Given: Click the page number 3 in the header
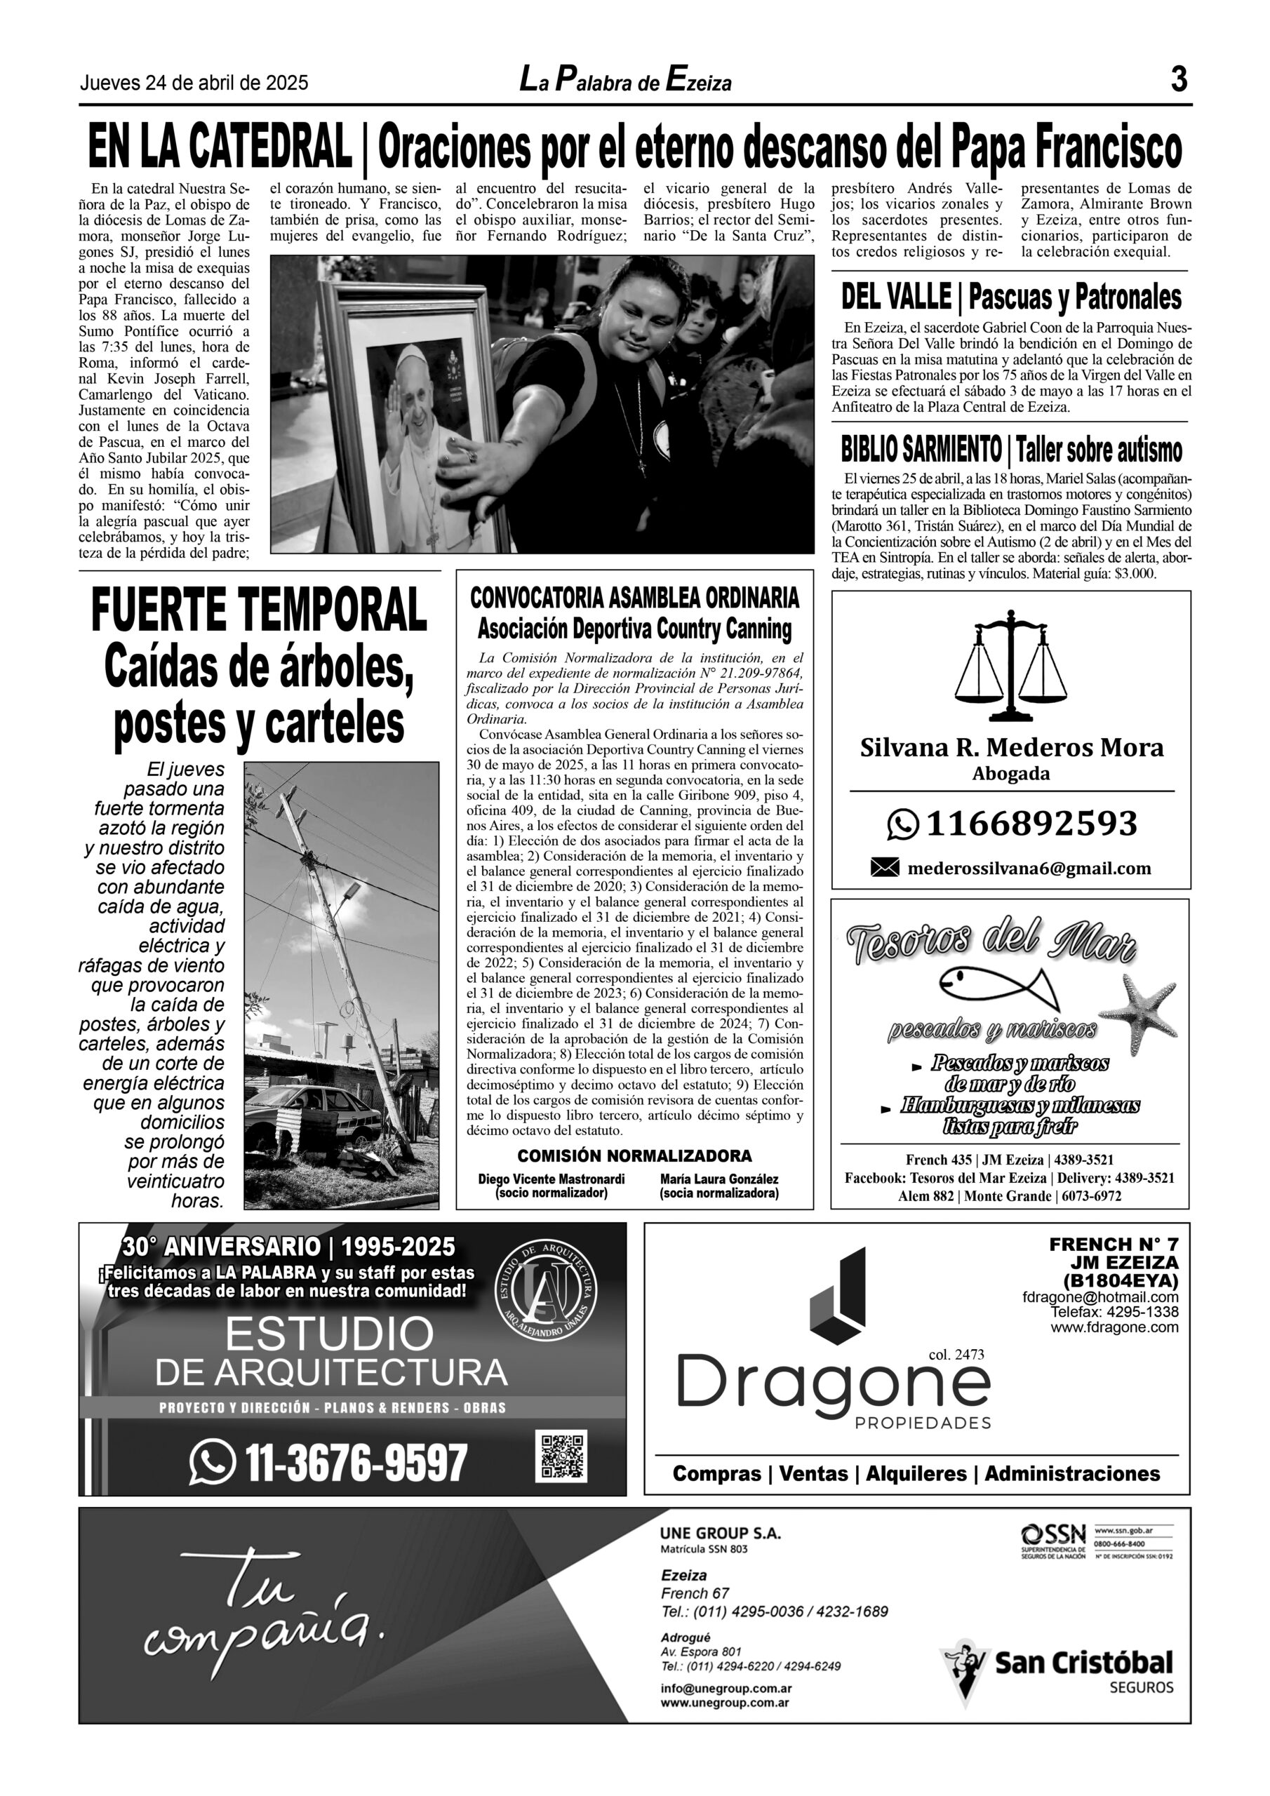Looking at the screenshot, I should coord(1179,80).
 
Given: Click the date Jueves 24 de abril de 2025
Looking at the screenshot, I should coord(194,83).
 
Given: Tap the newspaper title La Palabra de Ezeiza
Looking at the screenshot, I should coord(625,81).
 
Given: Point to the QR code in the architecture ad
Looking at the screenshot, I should coord(562,1456).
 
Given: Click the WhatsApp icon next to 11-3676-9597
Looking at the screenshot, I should coord(212,1461).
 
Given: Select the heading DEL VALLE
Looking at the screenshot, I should coord(895,298).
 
